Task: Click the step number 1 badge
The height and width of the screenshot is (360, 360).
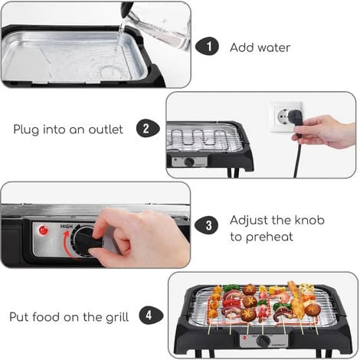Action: [x=207, y=47]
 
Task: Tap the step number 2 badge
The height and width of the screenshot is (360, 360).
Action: [x=148, y=129]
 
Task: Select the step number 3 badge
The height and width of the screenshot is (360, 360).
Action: [x=207, y=225]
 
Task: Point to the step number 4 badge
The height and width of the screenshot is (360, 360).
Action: [x=151, y=316]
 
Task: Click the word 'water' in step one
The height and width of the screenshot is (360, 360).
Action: [x=274, y=48]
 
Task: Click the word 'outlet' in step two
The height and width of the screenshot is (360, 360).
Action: [x=106, y=129]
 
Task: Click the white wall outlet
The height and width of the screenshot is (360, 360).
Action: [x=286, y=116]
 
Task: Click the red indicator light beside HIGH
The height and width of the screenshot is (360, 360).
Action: [x=43, y=231]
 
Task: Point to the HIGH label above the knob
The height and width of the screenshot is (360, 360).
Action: [x=67, y=227]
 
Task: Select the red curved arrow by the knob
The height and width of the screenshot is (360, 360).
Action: [x=67, y=245]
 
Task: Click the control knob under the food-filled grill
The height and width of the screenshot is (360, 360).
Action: [x=263, y=341]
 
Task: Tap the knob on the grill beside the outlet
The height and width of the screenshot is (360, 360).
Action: [x=189, y=162]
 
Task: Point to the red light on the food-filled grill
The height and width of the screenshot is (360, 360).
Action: [x=245, y=338]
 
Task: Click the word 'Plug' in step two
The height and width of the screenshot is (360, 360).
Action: [x=26, y=129]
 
